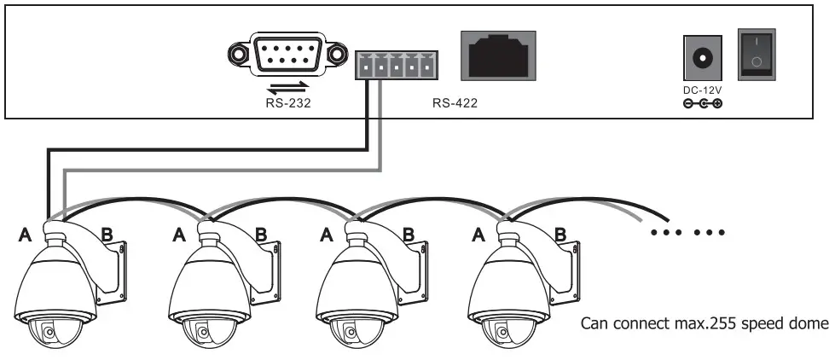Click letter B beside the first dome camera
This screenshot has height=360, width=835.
[x=107, y=232]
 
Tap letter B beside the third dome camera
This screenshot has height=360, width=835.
[x=409, y=232]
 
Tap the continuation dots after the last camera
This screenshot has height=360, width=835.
[x=687, y=231]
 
